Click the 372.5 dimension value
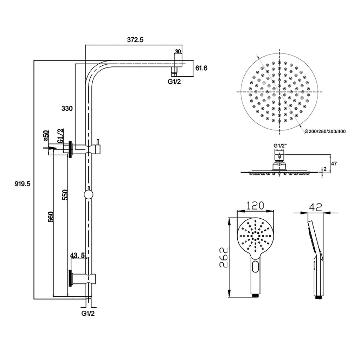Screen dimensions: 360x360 click(135, 40)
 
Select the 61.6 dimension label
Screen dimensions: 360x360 click(202, 68)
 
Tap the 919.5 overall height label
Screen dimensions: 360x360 click(22, 184)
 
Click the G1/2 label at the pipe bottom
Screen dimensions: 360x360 click(88, 313)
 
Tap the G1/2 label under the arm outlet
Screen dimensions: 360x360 click(174, 82)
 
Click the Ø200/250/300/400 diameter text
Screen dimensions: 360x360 click(325, 131)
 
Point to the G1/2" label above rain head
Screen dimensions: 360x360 click(280, 146)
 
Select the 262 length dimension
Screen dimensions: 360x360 click(224, 257)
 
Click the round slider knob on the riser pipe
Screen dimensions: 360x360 click(88, 195)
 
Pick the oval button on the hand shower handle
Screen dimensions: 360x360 click(256, 267)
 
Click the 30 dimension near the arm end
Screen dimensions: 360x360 click(178, 51)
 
